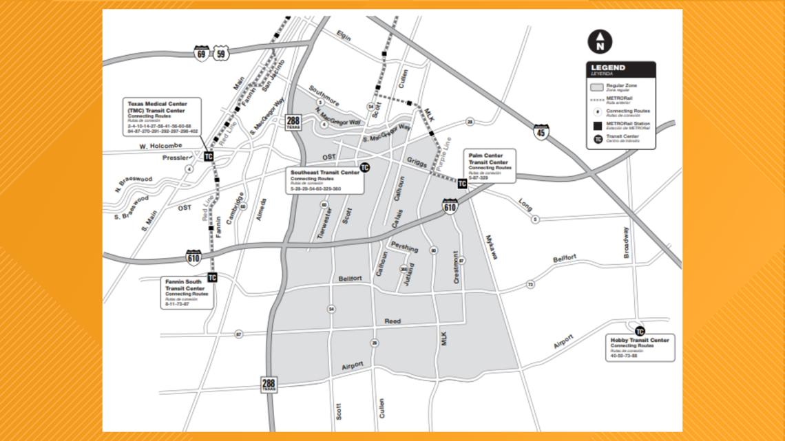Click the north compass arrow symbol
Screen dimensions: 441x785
[600, 41]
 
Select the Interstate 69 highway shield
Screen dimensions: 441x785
[201, 53]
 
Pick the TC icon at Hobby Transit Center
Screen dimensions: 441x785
[640, 331]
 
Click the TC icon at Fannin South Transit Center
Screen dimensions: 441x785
[212, 277]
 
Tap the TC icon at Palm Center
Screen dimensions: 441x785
[462, 184]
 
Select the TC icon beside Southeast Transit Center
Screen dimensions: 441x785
[365, 167]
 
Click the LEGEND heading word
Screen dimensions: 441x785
[608, 67]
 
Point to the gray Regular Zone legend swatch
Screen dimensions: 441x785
[598, 87]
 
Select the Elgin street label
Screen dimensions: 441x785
[343, 36]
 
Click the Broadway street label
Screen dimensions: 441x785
[626, 241]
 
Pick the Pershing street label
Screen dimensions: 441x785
[404, 246]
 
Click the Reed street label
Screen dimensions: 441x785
[392, 321]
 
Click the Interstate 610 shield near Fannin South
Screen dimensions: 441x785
[193, 258]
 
